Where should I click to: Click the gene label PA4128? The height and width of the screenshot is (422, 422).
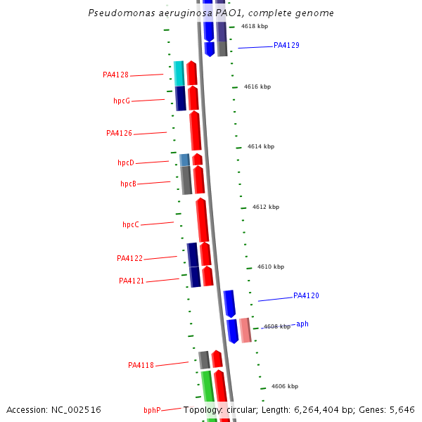[x=115, y=75]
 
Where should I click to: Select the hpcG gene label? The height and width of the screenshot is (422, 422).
[x=122, y=101]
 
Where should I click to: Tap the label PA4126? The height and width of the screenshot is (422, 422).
[x=119, y=133]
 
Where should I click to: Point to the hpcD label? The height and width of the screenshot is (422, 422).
[x=125, y=162]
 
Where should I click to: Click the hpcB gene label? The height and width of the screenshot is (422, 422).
[x=128, y=184]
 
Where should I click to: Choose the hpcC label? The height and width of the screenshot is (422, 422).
[x=130, y=224]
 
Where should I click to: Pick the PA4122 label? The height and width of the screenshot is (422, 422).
[x=129, y=258]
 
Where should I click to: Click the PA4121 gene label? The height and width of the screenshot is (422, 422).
[x=132, y=281]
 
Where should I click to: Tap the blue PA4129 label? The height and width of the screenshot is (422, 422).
[x=286, y=45]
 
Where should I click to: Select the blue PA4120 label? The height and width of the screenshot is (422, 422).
[x=306, y=295]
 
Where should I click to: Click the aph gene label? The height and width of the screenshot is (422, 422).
[x=302, y=324]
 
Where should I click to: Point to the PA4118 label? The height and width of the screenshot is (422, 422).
[x=141, y=365]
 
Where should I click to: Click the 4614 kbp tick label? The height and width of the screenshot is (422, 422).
[x=260, y=146]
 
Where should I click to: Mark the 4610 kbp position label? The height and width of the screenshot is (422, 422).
[x=271, y=267]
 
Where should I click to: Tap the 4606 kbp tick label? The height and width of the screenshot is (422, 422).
[x=284, y=386]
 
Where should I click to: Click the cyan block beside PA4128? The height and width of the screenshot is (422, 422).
[x=179, y=73]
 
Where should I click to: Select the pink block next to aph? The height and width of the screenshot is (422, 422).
[x=245, y=330]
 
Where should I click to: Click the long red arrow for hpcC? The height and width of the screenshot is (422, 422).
[x=203, y=220]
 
